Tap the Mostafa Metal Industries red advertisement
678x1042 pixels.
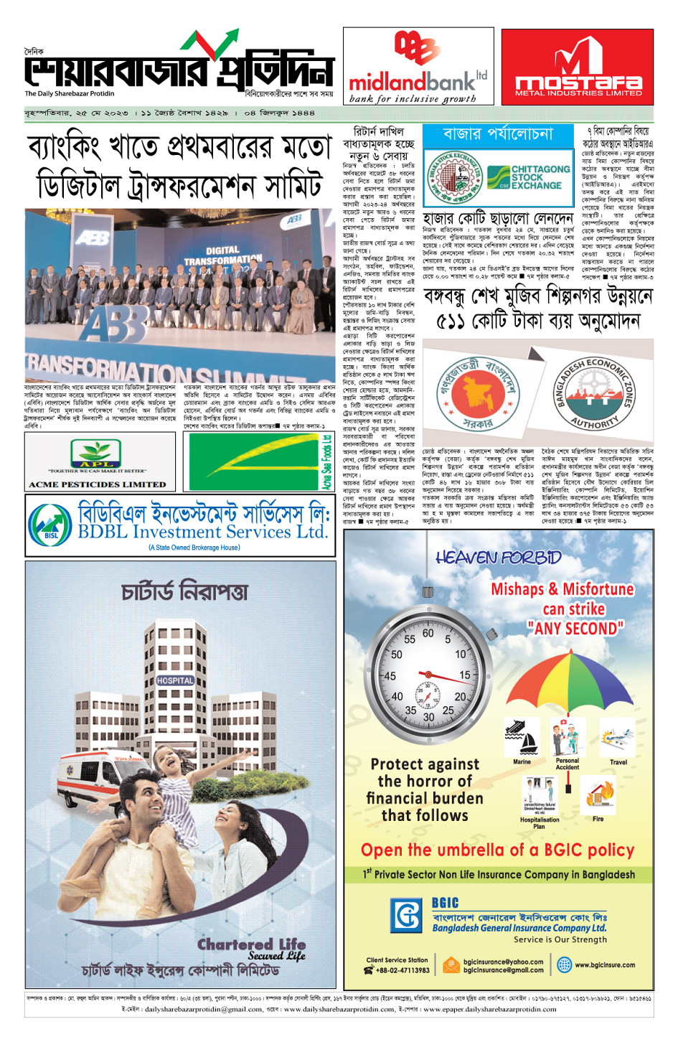pos(578,67)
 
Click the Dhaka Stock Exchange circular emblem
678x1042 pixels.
pos(455,177)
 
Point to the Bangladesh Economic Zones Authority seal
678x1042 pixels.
pos(594,394)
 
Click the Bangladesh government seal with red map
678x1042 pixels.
pos(479,394)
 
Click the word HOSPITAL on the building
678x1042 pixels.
pos(175,680)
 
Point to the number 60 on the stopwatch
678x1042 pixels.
pos(428,634)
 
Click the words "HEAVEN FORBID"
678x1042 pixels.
pos(498,558)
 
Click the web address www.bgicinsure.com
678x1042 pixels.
pos(604,965)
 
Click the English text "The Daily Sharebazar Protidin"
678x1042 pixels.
pos(70,93)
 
